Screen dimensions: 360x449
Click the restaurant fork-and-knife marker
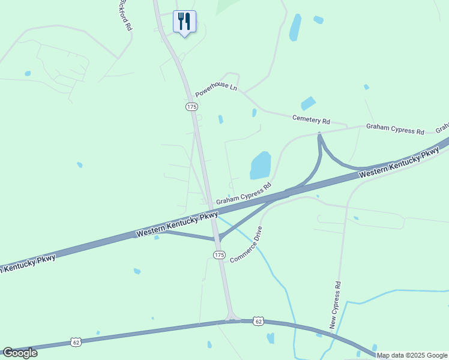[184, 22]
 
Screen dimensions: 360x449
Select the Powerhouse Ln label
[216, 90]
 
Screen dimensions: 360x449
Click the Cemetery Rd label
[312, 120]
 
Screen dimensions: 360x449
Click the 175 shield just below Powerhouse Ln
[191, 106]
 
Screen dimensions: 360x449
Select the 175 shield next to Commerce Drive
[219, 255]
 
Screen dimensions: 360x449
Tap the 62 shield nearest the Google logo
[76, 342]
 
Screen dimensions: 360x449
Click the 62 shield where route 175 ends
[258, 321]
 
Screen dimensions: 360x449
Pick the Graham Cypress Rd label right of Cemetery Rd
[395, 128]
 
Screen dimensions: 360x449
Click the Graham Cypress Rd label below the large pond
[244, 193]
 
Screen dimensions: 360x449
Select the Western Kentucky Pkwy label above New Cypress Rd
[399, 163]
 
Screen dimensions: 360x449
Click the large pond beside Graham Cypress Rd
[260, 166]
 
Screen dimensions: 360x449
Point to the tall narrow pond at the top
[295, 27]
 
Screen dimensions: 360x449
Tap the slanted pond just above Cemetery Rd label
[309, 103]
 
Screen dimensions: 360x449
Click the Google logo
[20, 352]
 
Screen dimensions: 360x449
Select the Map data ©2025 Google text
[412, 355]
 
